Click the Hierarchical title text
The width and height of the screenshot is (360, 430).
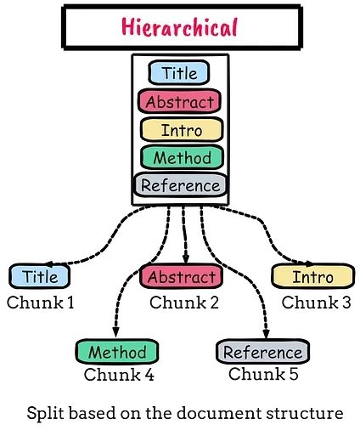[179, 27]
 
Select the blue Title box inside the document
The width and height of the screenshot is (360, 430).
[179, 74]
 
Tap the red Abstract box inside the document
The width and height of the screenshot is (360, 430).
[179, 101]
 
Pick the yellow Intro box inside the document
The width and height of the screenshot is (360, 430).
[179, 129]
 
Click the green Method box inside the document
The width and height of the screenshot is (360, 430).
[179, 156]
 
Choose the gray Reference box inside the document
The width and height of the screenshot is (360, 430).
[180, 184]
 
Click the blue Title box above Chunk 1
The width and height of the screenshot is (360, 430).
[39, 276]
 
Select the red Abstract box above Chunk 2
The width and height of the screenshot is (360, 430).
[180, 276]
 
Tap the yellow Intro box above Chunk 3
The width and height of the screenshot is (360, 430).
[312, 276]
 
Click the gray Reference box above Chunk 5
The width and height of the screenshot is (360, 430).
[262, 351]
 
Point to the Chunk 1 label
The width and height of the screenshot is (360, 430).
[41, 301]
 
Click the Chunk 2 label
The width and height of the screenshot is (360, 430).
[184, 301]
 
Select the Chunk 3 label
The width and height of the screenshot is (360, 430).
[316, 301]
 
